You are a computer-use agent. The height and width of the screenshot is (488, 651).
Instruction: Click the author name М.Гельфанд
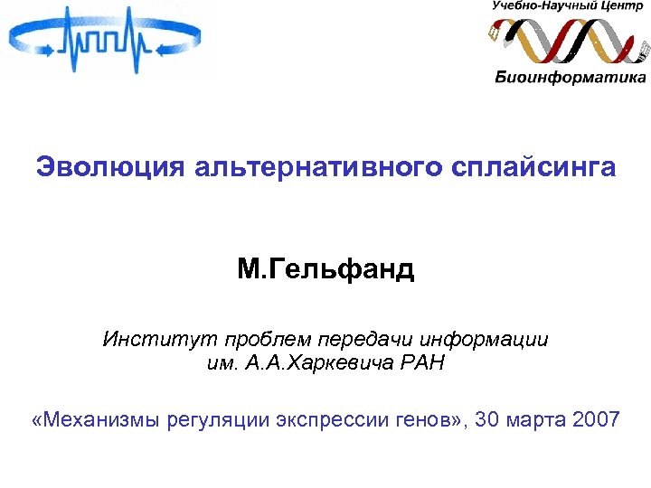[x=325, y=268]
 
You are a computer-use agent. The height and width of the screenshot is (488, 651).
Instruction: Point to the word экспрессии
[x=334, y=420]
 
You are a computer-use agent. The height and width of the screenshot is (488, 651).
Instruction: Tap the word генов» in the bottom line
[x=431, y=420]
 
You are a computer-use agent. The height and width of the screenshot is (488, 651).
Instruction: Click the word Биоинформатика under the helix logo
[x=571, y=77]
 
